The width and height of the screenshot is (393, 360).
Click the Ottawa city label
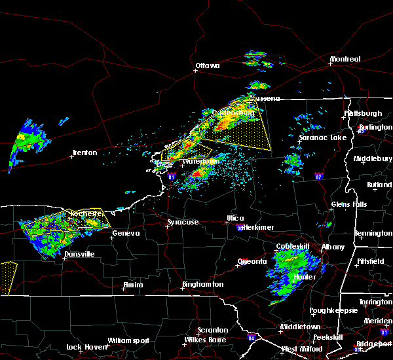click(x=207, y=65)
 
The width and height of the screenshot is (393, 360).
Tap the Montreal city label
click(x=345, y=60)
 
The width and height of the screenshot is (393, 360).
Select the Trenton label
click(x=84, y=153)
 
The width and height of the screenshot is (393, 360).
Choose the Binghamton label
click(x=203, y=285)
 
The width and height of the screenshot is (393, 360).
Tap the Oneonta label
click(x=252, y=262)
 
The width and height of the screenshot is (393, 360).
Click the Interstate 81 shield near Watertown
click(x=172, y=176)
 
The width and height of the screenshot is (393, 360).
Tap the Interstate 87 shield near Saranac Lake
click(x=318, y=176)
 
